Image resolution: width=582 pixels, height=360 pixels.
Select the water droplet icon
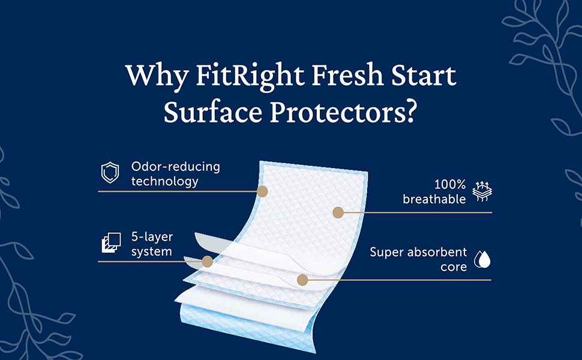(482, 259)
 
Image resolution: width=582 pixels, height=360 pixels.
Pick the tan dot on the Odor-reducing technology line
(262, 191)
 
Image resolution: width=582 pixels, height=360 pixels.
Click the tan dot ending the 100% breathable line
(338, 212)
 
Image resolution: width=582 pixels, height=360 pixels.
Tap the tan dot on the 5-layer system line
(208, 262)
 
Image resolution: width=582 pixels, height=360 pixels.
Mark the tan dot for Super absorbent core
(302, 280)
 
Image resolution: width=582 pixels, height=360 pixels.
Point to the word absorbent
(436, 252)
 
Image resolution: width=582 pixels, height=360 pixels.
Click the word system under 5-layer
(152, 252)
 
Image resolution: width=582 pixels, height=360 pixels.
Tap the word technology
(164, 181)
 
